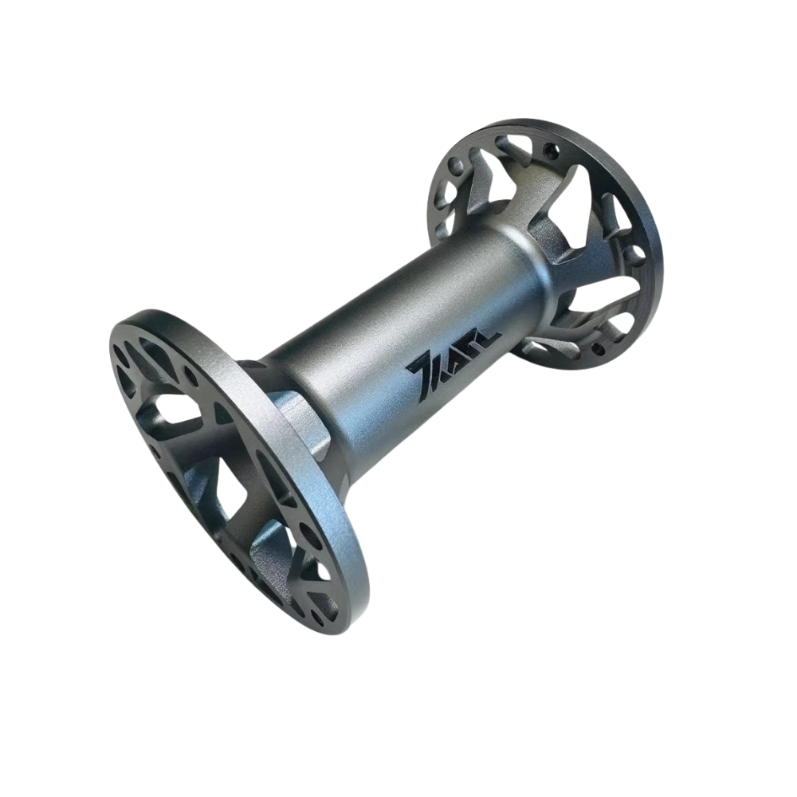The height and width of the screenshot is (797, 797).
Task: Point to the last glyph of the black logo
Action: click(x=486, y=335)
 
